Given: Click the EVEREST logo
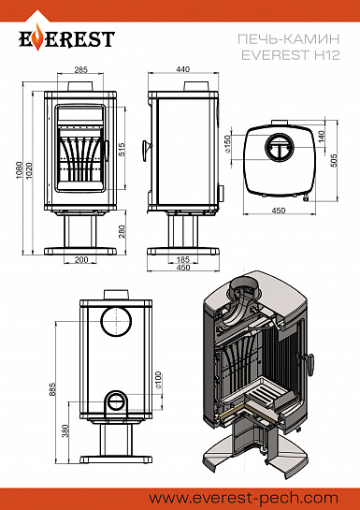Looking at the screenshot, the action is tap(66, 37).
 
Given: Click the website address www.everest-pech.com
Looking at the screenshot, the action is tap(244, 498).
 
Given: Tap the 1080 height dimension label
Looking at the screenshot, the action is tap(20, 170).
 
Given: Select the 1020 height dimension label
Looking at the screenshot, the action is tap(29, 170).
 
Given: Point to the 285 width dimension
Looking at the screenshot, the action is tap(81, 69).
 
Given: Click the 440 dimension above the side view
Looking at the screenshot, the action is tap(183, 69).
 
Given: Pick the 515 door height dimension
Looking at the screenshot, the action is tap(122, 150).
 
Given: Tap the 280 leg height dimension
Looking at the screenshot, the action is tap(122, 231).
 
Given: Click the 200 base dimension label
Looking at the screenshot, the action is tap(81, 259).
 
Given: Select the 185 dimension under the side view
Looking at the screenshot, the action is tap(183, 260).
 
